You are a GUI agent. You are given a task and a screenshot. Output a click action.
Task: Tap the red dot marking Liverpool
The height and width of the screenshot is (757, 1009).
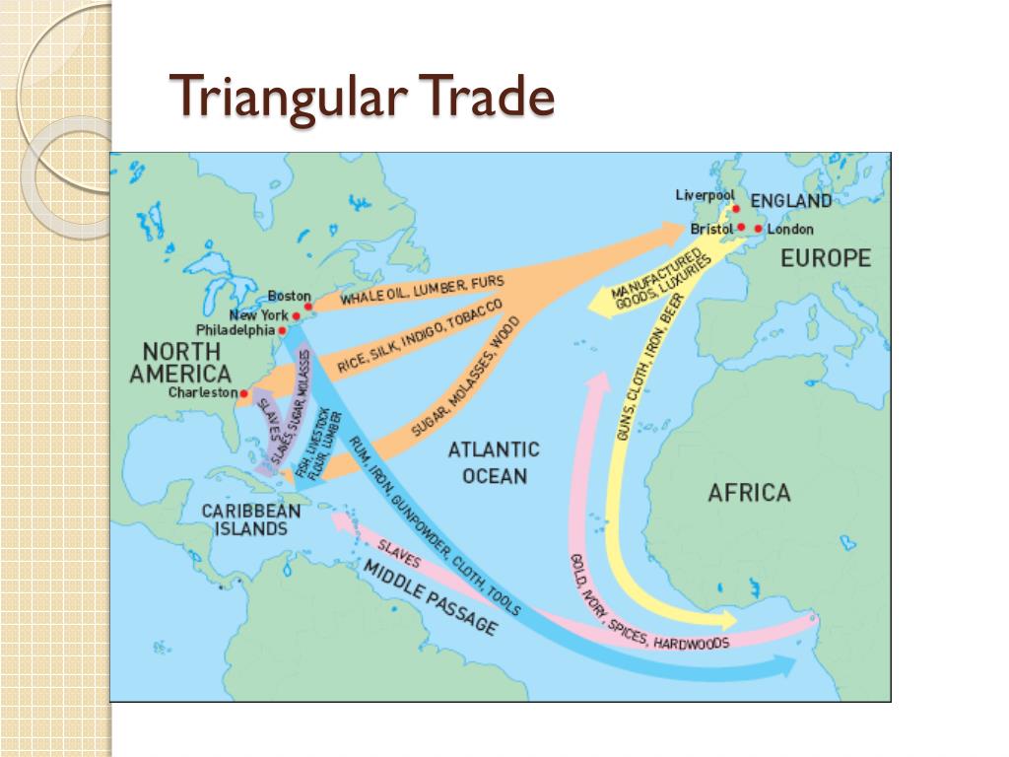pyautogui.click(x=734, y=209)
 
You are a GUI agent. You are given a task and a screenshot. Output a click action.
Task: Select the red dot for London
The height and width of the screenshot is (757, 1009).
pyautogui.click(x=758, y=230)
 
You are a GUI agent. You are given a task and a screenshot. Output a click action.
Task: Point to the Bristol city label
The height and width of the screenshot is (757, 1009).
pyautogui.click(x=711, y=230)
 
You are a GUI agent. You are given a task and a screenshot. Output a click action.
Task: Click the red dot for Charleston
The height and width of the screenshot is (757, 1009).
pyautogui.click(x=243, y=392)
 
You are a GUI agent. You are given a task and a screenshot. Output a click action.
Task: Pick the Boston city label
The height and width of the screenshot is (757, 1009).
pyautogui.click(x=289, y=296)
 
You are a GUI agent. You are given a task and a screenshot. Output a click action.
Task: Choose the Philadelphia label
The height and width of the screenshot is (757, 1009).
pyautogui.click(x=235, y=330)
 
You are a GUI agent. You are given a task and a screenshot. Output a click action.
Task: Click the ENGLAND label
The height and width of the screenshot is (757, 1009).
pyautogui.click(x=791, y=201)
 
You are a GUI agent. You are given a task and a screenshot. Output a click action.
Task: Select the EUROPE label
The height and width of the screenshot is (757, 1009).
pyautogui.click(x=826, y=258)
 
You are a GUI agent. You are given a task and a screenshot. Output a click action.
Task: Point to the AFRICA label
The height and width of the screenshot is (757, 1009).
pyautogui.click(x=749, y=492)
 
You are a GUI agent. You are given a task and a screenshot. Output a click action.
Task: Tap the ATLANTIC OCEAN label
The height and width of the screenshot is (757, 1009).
pyautogui.click(x=494, y=462)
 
